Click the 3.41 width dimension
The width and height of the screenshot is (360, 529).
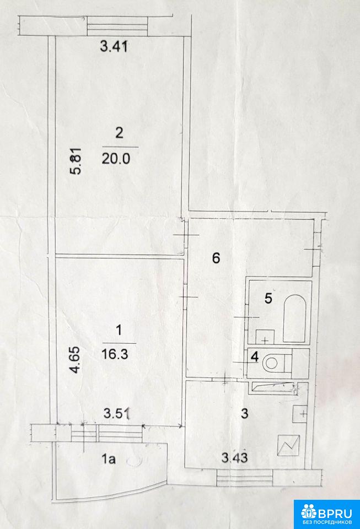114,46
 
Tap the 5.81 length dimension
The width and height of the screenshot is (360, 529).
76,161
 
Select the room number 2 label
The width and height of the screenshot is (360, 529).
119,133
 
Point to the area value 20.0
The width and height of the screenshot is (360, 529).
116,158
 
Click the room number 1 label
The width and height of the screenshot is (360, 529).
119,330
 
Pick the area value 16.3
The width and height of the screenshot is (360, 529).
115,354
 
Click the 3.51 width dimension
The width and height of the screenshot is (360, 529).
117,413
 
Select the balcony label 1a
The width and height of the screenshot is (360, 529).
109,459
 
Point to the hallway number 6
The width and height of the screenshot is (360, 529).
216,258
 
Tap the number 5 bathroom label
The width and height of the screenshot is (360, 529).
268,298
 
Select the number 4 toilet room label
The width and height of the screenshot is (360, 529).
255,357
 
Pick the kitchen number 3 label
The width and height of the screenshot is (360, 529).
245,413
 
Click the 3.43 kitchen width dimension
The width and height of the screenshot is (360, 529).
234,457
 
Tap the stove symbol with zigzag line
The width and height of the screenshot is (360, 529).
288,445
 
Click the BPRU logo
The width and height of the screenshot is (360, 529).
326,514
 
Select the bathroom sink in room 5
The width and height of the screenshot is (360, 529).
265,337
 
